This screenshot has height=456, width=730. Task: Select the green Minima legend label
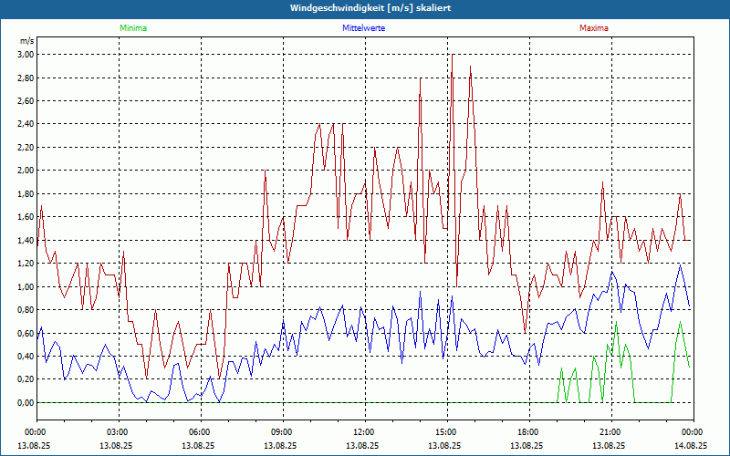pyautogui.click(x=132, y=28)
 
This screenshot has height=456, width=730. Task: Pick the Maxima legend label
pyautogui.click(x=593, y=28)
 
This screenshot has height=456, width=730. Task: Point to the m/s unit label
pyautogui.click(x=26, y=41)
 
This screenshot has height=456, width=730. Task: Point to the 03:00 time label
pyautogui.click(x=118, y=431)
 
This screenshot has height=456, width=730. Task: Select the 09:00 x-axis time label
pyautogui.click(x=282, y=431)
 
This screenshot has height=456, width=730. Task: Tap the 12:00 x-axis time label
pyautogui.click(x=363, y=431)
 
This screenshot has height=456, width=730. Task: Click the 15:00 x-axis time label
pyautogui.click(x=445, y=431)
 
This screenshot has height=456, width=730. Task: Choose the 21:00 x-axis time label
pyautogui.click(x=610, y=431)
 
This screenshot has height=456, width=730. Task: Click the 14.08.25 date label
pyautogui.click(x=692, y=446)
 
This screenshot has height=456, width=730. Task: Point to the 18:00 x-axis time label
pyautogui.click(x=527, y=431)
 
